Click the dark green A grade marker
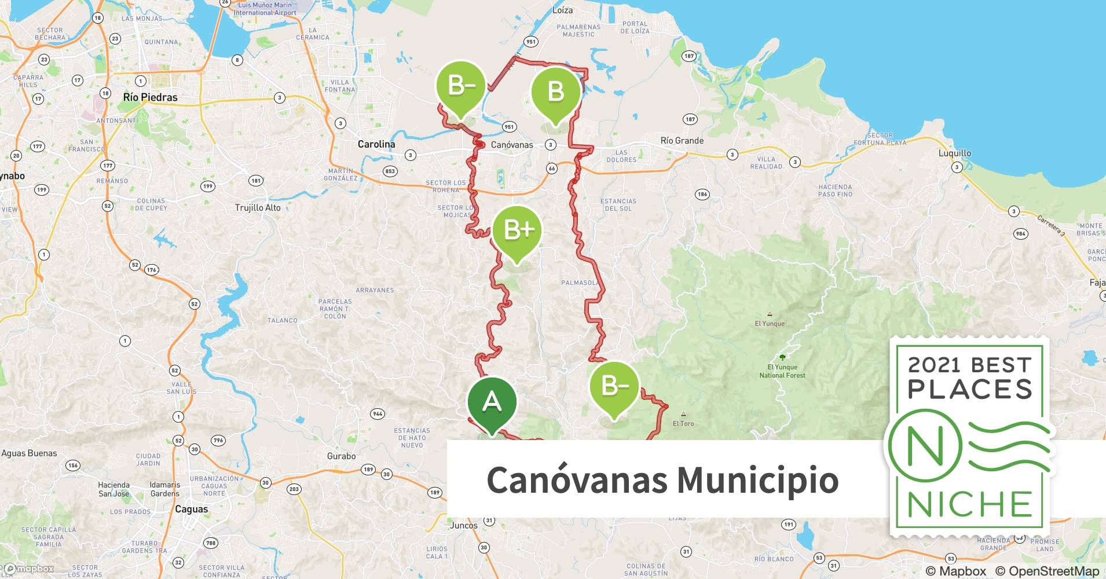tap(492, 402)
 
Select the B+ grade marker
tap(517, 231)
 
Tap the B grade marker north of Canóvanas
tap(555, 92)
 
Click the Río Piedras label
tap(150, 97)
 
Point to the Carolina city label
tap(376, 144)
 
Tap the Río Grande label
tap(682, 141)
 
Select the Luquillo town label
tap(955, 153)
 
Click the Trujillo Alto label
tap(258, 208)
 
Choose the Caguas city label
tap(191, 510)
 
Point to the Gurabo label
tap(341, 456)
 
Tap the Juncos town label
tap(464, 526)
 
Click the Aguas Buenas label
tap(29, 453)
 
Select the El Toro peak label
tap(683, 423)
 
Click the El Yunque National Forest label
tap(782, 371)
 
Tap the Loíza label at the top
tap(562, 10)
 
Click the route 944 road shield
tap(378, 414)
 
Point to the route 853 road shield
tap(390, 171)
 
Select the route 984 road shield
tap(1020, 234)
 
